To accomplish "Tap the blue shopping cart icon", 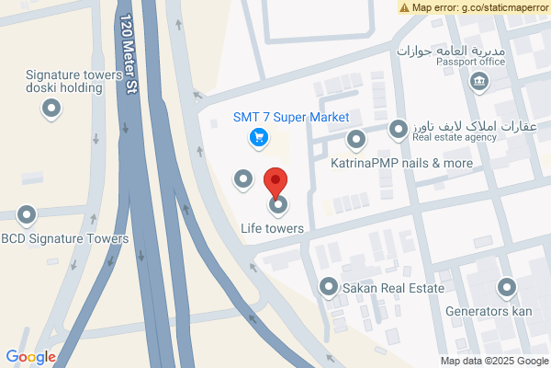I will coord(259,138).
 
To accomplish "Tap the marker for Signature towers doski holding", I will coord(52,109).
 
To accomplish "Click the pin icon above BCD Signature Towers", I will coord(26,217).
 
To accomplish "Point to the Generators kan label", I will coord(489,312).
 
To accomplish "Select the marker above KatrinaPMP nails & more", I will coord(356,140).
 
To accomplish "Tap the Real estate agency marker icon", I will coord(398,130).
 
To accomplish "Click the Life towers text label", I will coord(272,227).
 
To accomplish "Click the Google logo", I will coord(30,357).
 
